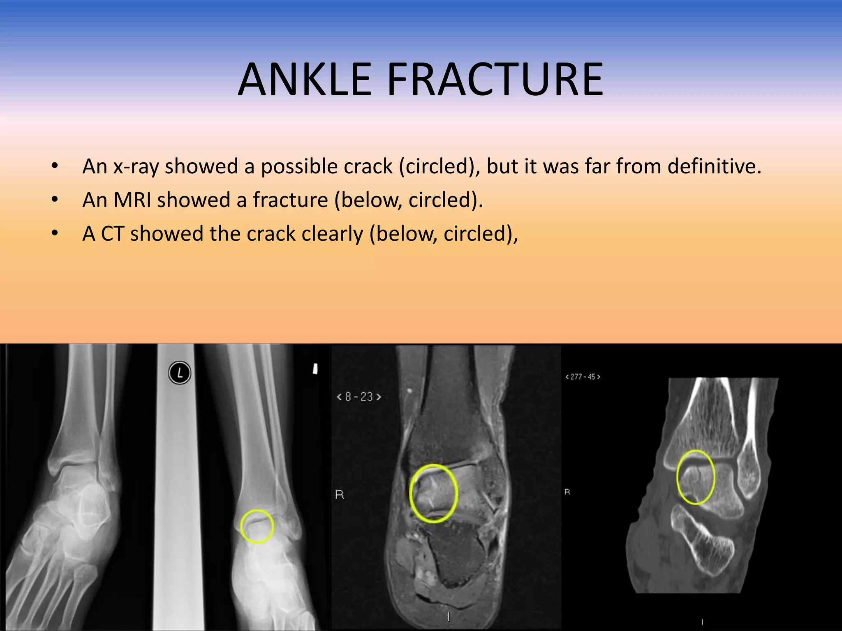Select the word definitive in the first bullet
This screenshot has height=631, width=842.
pyautogui.click(x=714, y=167)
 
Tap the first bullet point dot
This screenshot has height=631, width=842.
pyautogui.click(x=55, y=166)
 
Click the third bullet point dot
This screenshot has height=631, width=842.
pyautogui.click(x=55, y=233)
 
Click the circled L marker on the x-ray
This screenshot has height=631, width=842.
pyautogui.click(x=180, y=373)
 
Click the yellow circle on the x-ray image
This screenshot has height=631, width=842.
pyautogui.click(x=257, y=526)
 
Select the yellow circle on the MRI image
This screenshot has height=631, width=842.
pyautogui.click(x=434, y=493)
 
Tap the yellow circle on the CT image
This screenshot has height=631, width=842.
pyautogui.click(x=696, y=477)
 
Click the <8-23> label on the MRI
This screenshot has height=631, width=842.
pyautogui.click(x=359, y=397)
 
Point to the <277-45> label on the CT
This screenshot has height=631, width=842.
pyautogui.click(x=583, y=377)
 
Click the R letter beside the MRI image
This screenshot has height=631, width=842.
pyautogui.click(x=340, y=495)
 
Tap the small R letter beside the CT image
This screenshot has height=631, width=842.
pyautogui.click(x=567, y=492)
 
